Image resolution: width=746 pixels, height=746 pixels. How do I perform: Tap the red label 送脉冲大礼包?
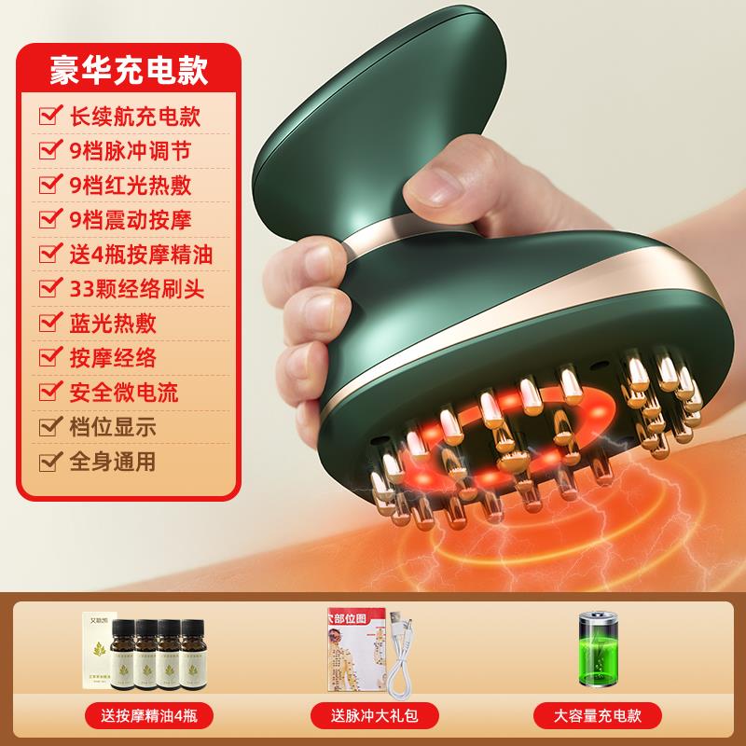tap(372, 716)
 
